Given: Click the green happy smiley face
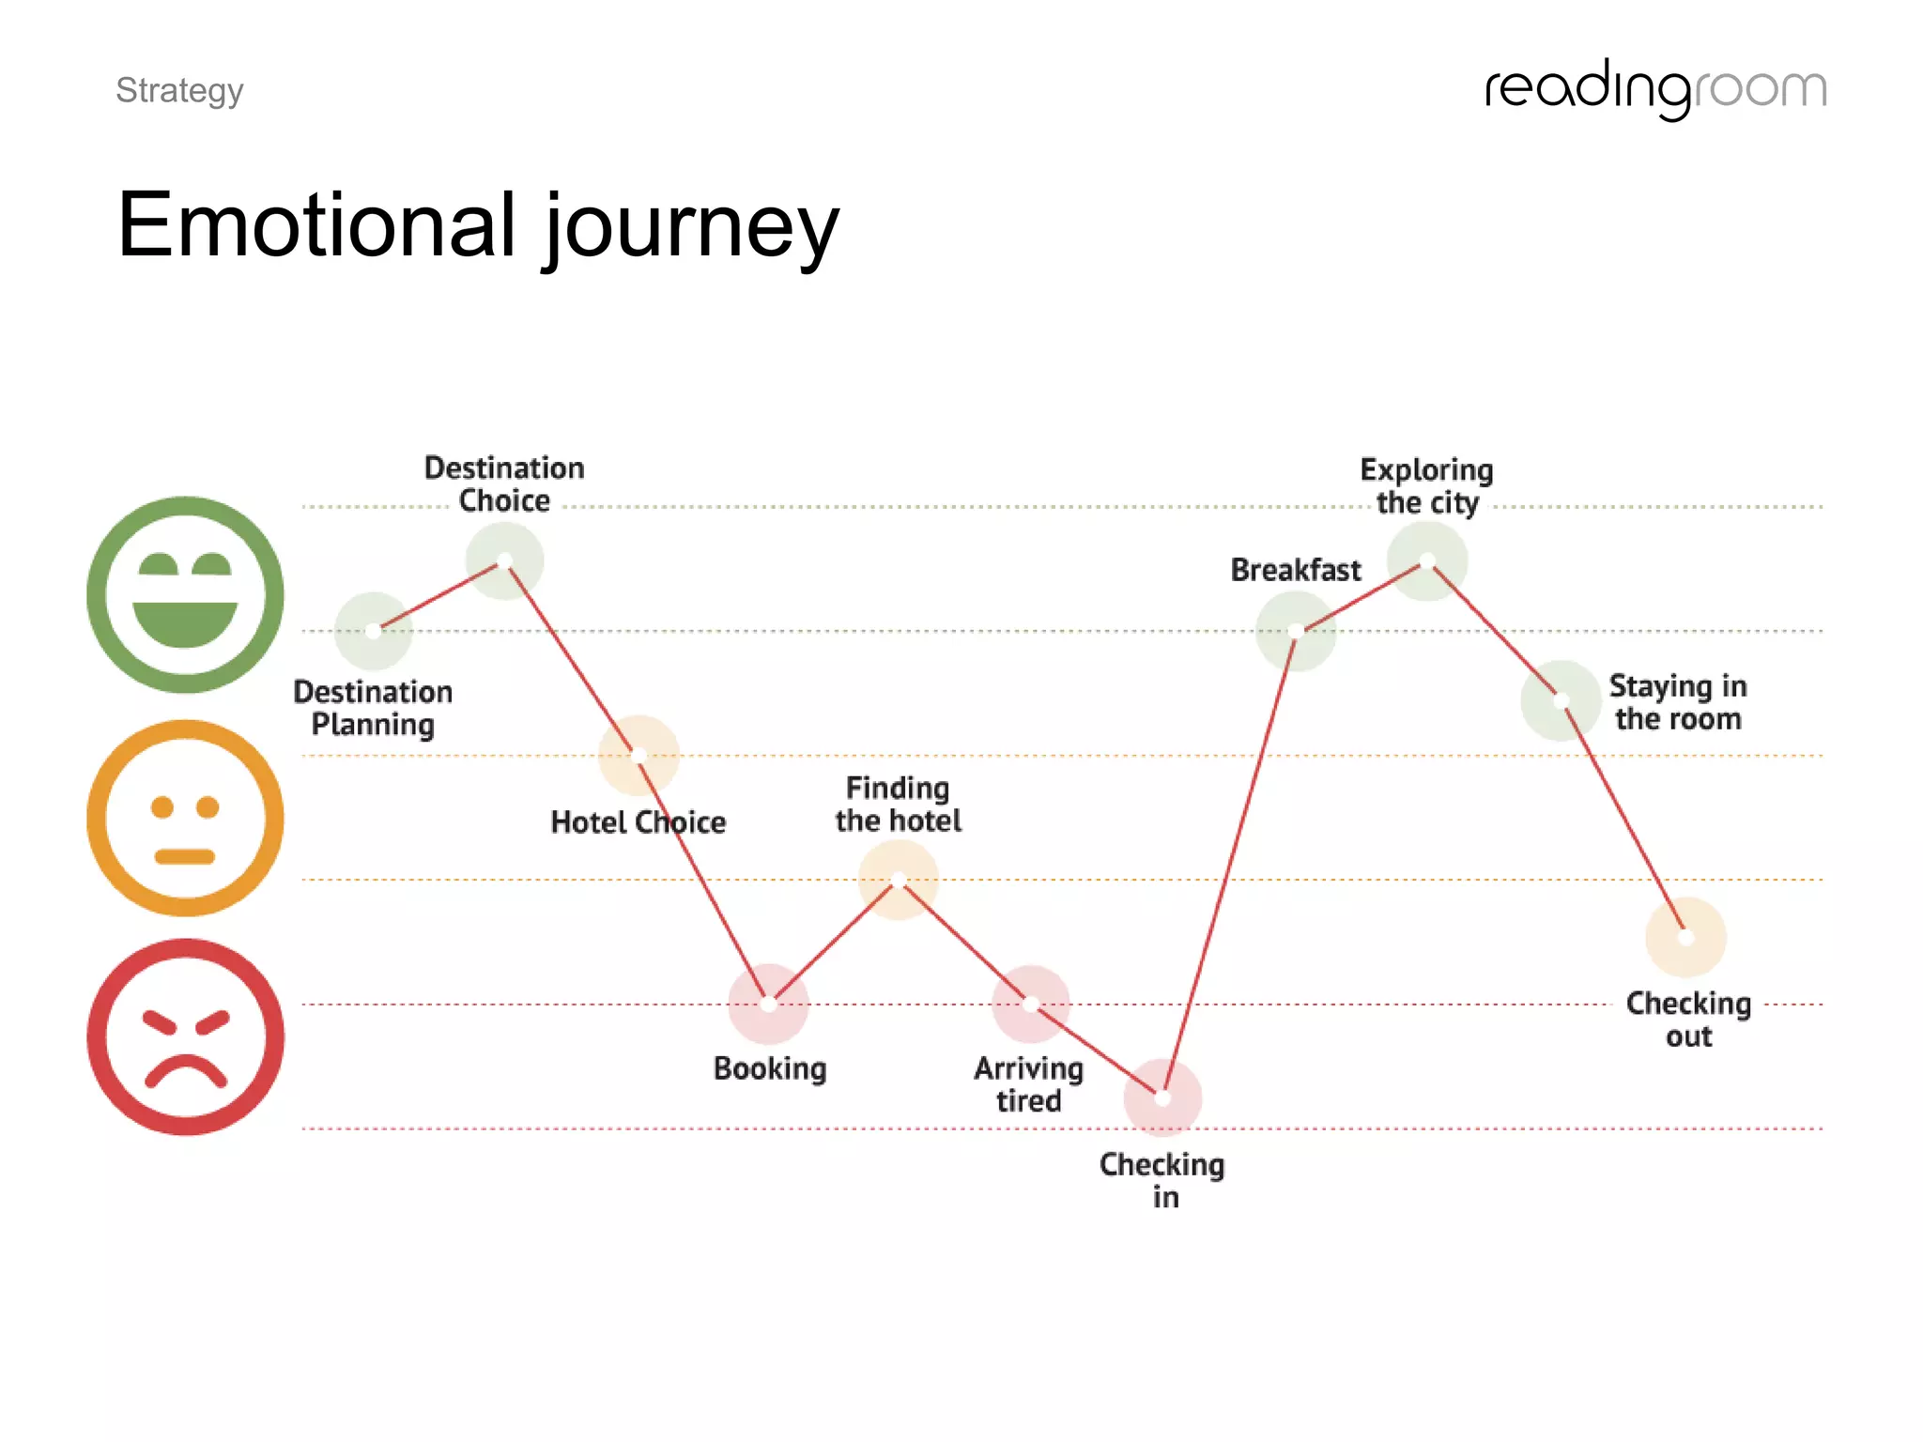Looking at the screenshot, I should (185, 594).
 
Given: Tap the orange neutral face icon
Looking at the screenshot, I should (185, 818).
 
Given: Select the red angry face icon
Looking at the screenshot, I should (185, 1036).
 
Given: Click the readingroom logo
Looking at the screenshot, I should (1655, 89).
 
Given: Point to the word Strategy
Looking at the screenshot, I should (179, 90).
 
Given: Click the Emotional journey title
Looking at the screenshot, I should (478, 225).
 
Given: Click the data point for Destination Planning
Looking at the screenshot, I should (374, 631).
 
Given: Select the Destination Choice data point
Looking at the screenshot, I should (504, 560).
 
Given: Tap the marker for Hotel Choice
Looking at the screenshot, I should (638, 755).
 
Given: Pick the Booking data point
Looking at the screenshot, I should (769, 1004).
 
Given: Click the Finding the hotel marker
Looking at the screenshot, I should (899, 880).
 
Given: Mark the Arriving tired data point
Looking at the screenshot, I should (1031, 1005).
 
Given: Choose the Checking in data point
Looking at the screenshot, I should (1162, 1097).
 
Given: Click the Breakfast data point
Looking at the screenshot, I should (1296, 631).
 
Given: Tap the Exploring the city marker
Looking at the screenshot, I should (1427, 560).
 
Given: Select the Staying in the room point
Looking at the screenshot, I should (1561, 700).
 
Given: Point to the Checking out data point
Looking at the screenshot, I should (1685, 937).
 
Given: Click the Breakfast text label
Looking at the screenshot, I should (1296, 570).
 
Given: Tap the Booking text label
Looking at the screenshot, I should (770, 1068).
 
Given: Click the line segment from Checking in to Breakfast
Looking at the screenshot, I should (1229, 864).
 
